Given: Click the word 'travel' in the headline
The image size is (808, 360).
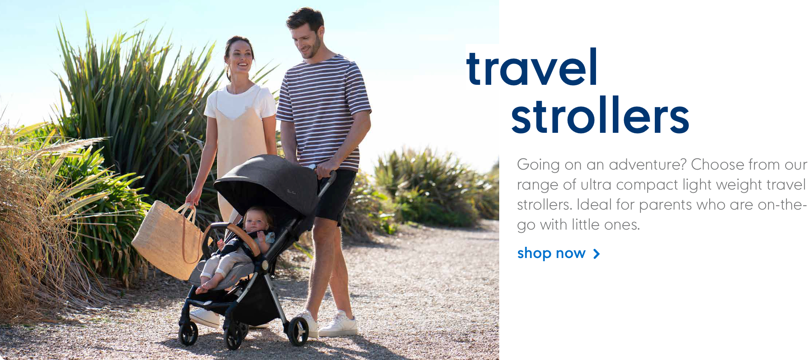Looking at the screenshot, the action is (x=532, y=67).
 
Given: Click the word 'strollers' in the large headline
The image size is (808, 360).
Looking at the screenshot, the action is (x=600, y=115).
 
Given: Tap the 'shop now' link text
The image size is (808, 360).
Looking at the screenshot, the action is (x=551, y=253).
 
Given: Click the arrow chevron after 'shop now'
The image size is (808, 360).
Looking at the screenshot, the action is (x=596, y=254).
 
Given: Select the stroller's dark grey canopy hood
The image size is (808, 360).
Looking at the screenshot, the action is (x=268, y=184).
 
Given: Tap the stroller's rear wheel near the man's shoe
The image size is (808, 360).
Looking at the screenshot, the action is (x=298, y=331).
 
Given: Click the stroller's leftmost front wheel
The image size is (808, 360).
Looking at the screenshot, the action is (x=188, y=333).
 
